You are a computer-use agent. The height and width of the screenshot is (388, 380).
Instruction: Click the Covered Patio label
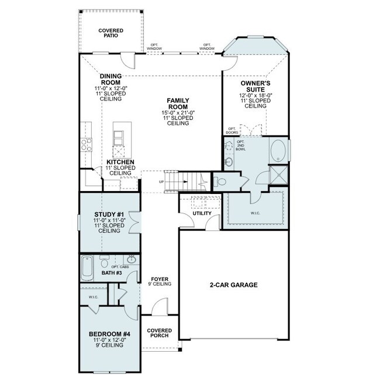[x=110, y=33]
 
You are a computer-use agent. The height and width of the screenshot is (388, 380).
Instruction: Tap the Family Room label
[x=178, y=103]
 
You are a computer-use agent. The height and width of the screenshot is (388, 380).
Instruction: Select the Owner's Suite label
[x=255, y=86]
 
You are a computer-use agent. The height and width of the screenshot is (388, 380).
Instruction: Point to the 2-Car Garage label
[x=234, y=285]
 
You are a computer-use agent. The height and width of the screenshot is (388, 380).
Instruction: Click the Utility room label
[x=202, y=213]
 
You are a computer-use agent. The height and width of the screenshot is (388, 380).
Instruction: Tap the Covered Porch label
[x=160, y=333]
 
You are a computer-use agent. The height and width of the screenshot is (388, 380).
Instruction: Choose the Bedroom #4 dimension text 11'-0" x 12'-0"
[x=109, y=340]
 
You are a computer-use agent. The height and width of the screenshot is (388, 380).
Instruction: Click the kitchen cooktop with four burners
[x=87, y=144]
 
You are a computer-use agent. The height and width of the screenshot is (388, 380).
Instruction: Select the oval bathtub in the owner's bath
[x=278, y=151]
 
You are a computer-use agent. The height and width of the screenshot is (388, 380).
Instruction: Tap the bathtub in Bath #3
[x=87, y=268]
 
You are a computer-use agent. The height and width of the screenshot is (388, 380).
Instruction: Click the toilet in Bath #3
[x=105, y=261]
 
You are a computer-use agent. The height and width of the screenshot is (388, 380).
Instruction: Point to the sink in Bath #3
[x=131, y=259]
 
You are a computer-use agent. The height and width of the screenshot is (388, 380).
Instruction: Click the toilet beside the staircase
[x=220, y=182]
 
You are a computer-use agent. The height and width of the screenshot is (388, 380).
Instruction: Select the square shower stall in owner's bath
[x=279, y=175]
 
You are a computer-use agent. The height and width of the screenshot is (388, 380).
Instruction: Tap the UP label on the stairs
[x=161, y=182]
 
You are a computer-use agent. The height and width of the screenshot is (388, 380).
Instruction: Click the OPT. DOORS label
[x=232, y=131]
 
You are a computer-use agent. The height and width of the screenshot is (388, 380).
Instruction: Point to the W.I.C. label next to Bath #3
[x=94, y=297]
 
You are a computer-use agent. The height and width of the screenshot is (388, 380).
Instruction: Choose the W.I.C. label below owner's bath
[x=255, y=213]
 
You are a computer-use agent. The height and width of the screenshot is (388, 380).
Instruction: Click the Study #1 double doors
[x=135, y=223]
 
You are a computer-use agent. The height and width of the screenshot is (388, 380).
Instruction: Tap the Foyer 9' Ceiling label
[x=160, y=282]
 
